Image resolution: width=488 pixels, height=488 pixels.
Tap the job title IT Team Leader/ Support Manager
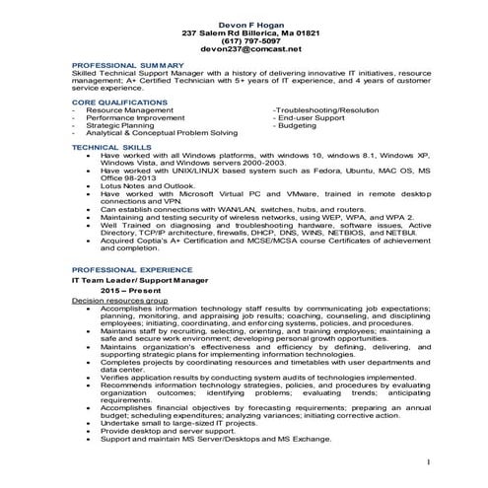pyautogui.click(x=142, y=281)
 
